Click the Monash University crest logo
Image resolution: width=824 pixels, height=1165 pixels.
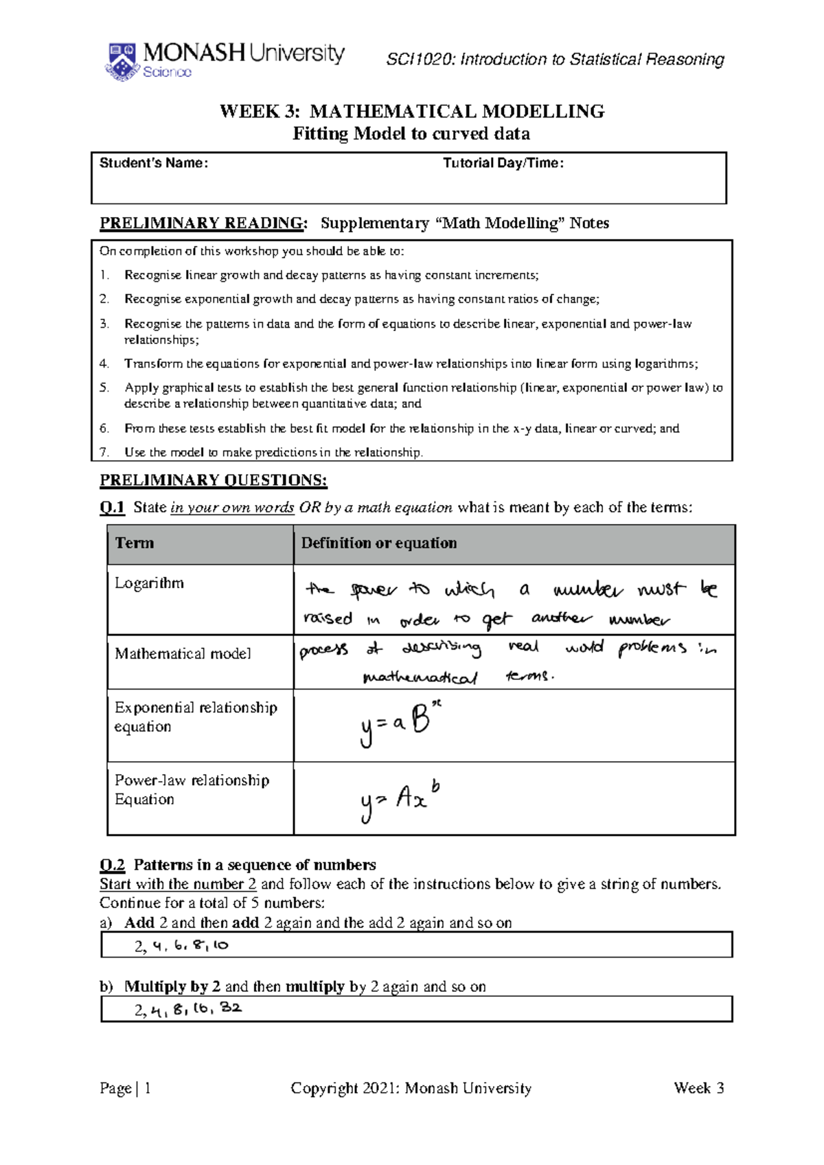point(122,62)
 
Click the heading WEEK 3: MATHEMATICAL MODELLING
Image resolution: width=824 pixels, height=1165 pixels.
point(411,111)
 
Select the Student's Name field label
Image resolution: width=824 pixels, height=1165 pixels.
point(153,163)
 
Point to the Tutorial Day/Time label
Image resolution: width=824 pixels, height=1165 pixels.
point(503,163)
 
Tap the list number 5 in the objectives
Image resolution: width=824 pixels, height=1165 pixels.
point(104,388)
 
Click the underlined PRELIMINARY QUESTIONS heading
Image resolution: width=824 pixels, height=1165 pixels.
point(213,480)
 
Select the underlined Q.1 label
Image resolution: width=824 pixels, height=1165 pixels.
point(112,508)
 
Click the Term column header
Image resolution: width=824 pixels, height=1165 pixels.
point(135,543)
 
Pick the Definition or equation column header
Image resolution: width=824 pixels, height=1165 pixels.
point(378,543)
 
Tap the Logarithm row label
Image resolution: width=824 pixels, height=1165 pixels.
point(149,583)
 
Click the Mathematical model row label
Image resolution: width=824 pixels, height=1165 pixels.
point(183,654)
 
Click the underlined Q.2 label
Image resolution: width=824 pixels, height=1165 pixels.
point(112,865)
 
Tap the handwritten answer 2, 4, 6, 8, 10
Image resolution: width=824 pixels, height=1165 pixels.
point(181,946)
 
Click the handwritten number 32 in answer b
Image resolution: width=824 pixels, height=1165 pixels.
point(231,1008)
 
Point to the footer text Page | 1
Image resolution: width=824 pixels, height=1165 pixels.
point(125,1088)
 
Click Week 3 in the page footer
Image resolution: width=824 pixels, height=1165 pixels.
point(698,1088)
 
